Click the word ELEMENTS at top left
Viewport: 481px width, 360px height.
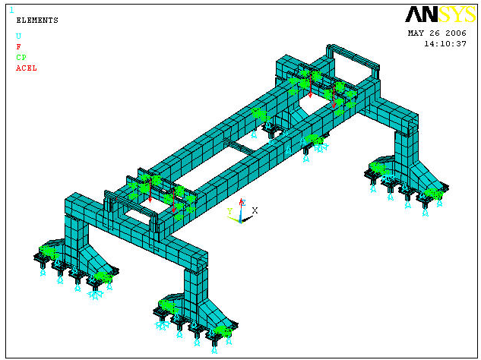coord(37,21)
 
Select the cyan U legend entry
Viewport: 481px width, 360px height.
coord(19,36)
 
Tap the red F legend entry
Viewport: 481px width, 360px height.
coord(19,46)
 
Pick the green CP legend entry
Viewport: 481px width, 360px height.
coord(21,58)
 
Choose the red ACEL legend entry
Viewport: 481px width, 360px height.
coord(27,68)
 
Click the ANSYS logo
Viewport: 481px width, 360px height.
coord(440,14)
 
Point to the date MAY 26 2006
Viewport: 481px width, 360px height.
coord(437,33)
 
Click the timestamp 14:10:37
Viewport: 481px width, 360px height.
coord(445,44)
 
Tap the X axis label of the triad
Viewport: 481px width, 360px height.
coord(255,210)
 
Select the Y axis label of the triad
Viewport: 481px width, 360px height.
coord(229,211)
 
